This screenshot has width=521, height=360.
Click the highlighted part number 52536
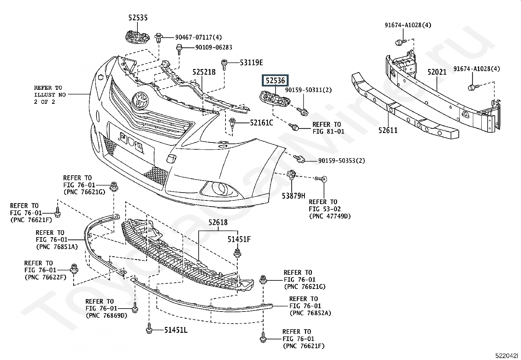tap(275, 81)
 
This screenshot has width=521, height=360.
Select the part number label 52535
tap(138, 18)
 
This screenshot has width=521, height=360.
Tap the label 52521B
tap(204, 72)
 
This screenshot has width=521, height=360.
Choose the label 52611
tap(388, 130)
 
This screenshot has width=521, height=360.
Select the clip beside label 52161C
tap(233, 123)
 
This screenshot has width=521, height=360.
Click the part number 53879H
tap(294, 196)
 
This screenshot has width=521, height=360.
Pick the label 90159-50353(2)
tap(341, 161)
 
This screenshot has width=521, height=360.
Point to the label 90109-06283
tap(214, 47)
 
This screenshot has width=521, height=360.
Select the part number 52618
tap(218, 223)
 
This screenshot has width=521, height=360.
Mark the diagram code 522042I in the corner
tap(507, 355)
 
